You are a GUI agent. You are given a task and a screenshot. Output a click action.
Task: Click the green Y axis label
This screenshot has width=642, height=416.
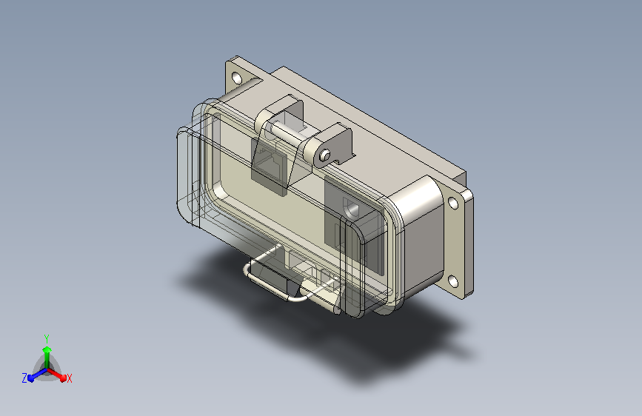[47, 339]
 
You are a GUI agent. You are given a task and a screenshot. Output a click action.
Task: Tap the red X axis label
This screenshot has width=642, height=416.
[69, 378]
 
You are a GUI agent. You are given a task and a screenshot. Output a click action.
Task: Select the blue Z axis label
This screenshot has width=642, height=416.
[24, 378]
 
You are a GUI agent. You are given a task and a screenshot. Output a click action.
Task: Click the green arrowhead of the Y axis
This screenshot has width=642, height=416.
[47, 350]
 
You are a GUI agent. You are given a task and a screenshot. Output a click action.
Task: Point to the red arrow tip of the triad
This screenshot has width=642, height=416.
[63, 378]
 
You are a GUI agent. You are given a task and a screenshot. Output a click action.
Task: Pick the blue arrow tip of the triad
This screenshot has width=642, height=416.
[31, 378]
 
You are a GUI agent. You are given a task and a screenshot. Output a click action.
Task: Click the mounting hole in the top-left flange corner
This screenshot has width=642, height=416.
[237, 77]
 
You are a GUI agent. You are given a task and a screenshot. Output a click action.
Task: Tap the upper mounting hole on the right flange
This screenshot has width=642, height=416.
[453, 203]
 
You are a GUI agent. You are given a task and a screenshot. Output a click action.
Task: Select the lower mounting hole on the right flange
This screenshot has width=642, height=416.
[452, 281]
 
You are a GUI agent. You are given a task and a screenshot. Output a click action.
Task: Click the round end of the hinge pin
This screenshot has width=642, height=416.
[325, 155]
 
